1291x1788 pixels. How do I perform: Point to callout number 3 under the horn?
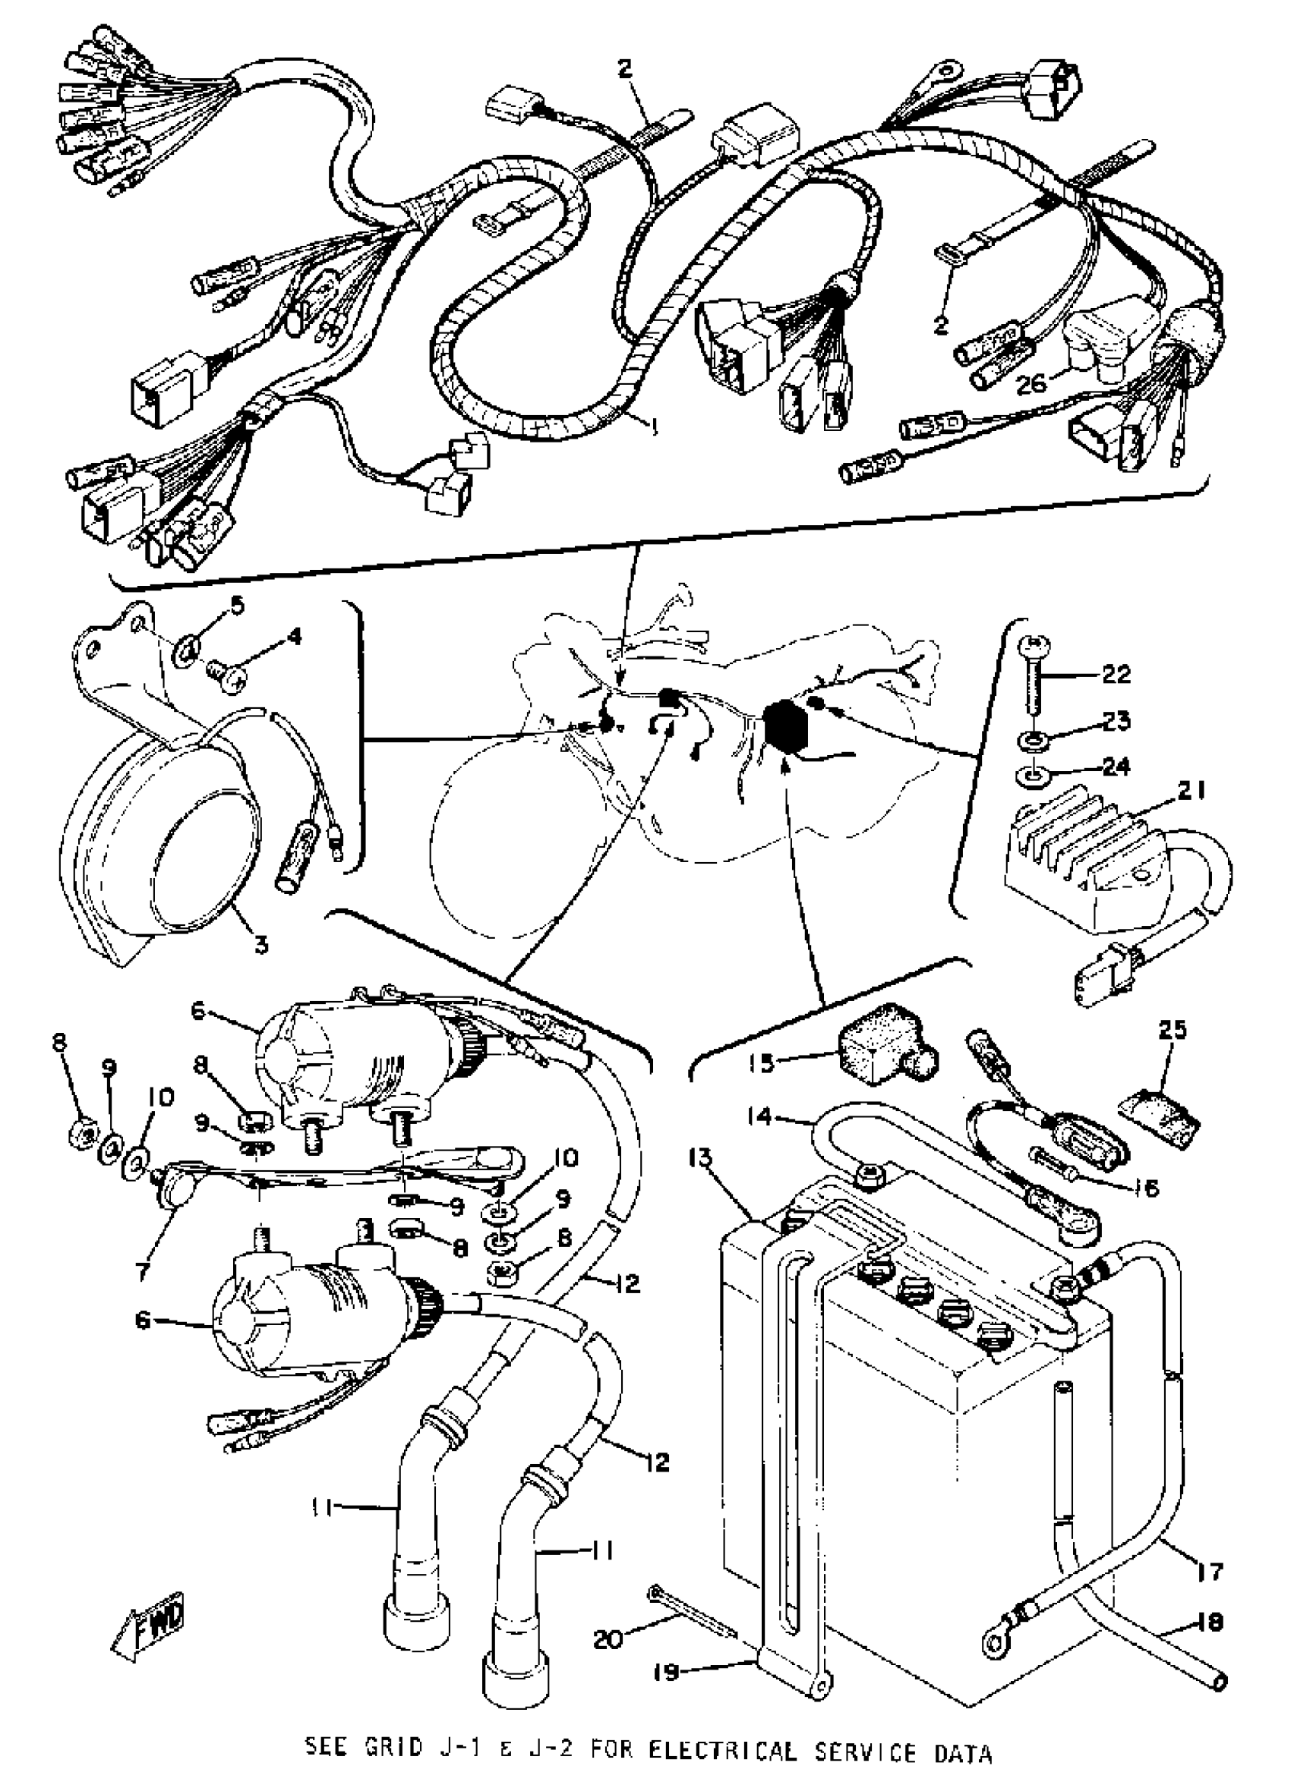260,942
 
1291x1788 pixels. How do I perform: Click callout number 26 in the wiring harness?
1030,383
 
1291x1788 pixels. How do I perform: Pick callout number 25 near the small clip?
1172,1030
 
